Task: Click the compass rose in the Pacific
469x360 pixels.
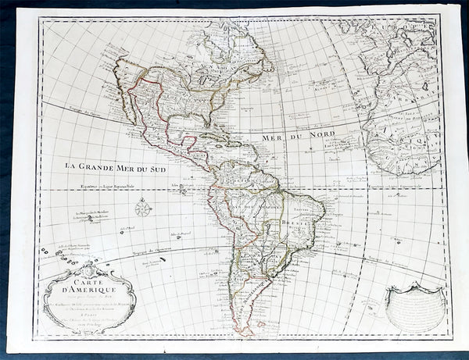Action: tap(142, 209)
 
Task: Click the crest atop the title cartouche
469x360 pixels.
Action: tap(92, 268)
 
